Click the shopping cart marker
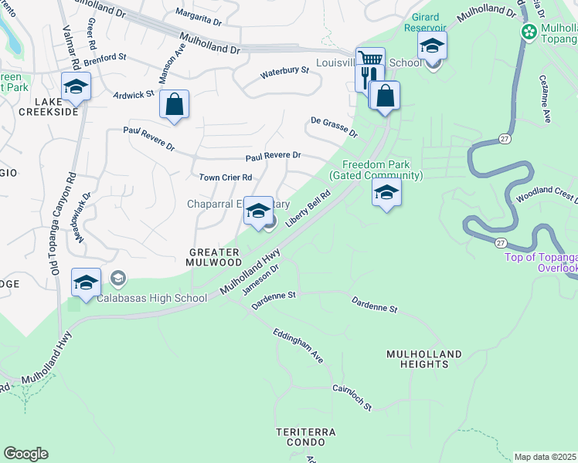(370, 60)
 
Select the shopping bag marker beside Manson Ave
(175, 103)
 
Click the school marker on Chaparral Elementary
(257, 210)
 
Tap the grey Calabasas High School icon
(118, 278)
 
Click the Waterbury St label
(284, 71)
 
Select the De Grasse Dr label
(334, 127)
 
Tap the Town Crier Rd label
(226, 177)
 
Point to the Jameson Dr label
(260, 279)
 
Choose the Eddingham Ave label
(297, 345)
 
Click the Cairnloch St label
(352, 397)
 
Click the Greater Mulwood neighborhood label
(216, 257)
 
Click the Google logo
(25, 454)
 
